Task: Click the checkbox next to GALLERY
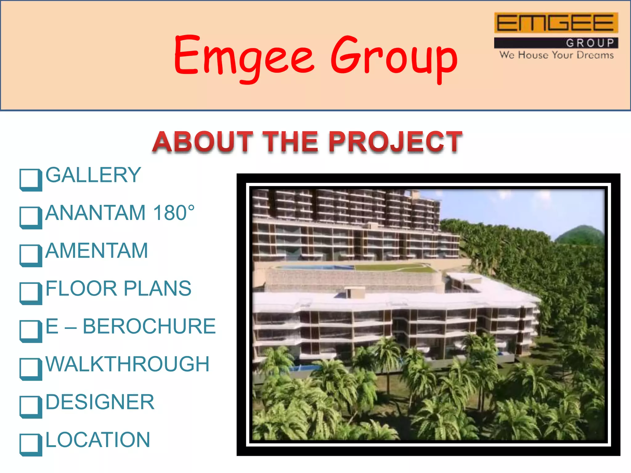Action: [31, 180]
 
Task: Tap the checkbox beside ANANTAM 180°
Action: [31, 217]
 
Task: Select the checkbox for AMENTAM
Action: [31, 255]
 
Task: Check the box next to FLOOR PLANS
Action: [31, 293]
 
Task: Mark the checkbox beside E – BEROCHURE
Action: [31, 331]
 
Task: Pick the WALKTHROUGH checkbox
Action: [31, 369]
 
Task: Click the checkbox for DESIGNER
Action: [31, 407]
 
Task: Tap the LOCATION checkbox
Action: [31, 445]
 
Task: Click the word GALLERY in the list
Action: [93, 175]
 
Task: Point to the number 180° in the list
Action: [174, 213]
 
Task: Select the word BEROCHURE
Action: [149, 326]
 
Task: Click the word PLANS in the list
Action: [157, 289]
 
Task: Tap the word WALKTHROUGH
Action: [128, 364]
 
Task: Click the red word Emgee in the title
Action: [243, 57]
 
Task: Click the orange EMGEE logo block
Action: [556, 23]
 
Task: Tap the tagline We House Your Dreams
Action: [556, 55]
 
